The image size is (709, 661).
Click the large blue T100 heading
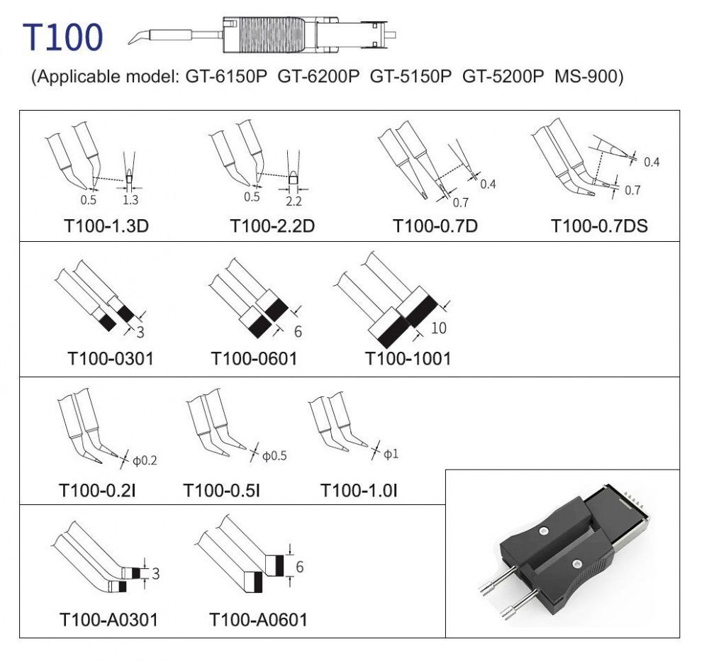pyautogui.click(x=63, y=37)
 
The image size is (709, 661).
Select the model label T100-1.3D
pyautogui.click(x=107, y=226)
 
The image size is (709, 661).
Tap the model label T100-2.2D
pyautogui.click(x=272, y=226)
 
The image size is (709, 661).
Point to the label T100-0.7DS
pyautogui.click(x=600, y=226)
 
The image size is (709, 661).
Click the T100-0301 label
pyautogui.click(x=111, y=359)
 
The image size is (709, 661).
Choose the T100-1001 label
pyautogui.click(x=408, y=359)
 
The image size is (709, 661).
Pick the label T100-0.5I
pyautogui.click(x=221, y=490)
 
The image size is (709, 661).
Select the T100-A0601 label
pyautogui.click(x=258, y=619)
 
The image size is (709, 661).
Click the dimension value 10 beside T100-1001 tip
pyautogui.click(x=439, y=328)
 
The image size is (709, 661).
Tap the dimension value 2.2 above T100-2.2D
pyautogui.click(x=294, y=201)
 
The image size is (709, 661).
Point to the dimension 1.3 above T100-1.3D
pyautogui.click(x=130, y=199)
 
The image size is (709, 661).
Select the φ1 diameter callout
pyautogui.click(x=391, y=454)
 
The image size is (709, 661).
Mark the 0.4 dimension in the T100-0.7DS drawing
pyautogui.click(x=652, y=162)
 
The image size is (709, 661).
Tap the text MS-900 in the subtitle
pyautogui.click(x=586, y=76)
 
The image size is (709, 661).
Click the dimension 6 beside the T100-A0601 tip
pyautogui.click(x=299, y=567)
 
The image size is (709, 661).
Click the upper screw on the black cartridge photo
pyautogui.click(x=544, y=531)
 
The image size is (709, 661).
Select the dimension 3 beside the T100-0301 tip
pyautogui.click(x=140, y=332)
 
